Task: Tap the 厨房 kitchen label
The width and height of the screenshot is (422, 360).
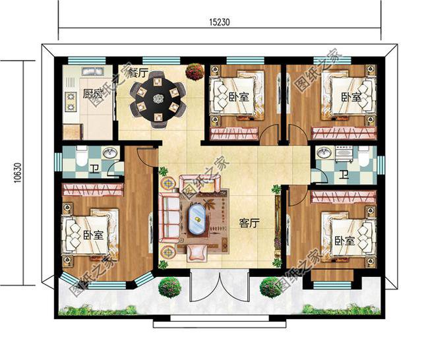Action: coord(92,94)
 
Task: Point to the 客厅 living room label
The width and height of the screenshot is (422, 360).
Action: coord(249,223)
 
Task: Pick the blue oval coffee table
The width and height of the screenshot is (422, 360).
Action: coord(197,219)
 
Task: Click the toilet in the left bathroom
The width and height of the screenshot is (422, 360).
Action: coord(80,155)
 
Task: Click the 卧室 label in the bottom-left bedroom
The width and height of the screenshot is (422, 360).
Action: coord(93,235)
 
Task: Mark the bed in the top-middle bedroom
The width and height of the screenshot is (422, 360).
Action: coord(239,96)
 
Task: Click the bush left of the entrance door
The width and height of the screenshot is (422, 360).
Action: coord(170,287)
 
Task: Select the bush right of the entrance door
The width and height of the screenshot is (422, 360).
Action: coord(270,287)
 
